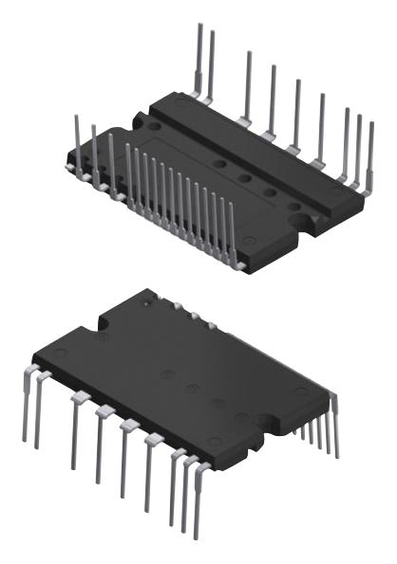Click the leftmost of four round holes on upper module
pyautogui.click(x=220, y=163)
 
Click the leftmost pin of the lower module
pyautogui.click(x=24, y=408)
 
